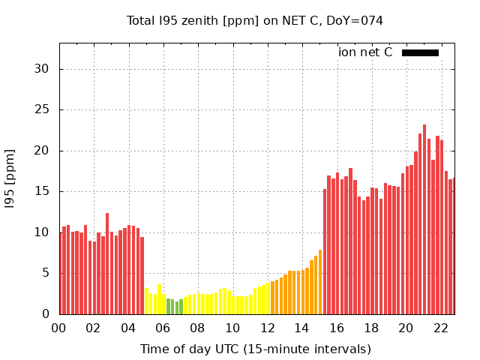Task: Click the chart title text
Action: pyautogui.click(x=254, y=21)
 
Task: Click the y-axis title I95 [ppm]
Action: pyautogui.click(x=10, y=178)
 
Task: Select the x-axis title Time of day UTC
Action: pyautogui.click(x=255, y=349)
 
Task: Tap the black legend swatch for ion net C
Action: pyautogui.click(x=420, y=52)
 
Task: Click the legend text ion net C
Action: pyautogui.click(x=365, y=52)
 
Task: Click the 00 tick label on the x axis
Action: pyautogui.click(x=59, y=328)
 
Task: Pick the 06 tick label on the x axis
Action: pyautogui.click(x=163, y=328)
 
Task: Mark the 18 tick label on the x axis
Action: pyautogui.click(x=371, y=328)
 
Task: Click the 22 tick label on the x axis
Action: pyautogui.click(x=440, y=328)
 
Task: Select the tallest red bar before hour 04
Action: pyautogui.click(x=107, y=263)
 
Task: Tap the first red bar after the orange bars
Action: pyautogui.click(x=325, y=251)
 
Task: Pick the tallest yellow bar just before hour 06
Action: pyautogui.click(x=159, y=299)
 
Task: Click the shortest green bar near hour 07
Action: pyautogui.click(x=177, y=307)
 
